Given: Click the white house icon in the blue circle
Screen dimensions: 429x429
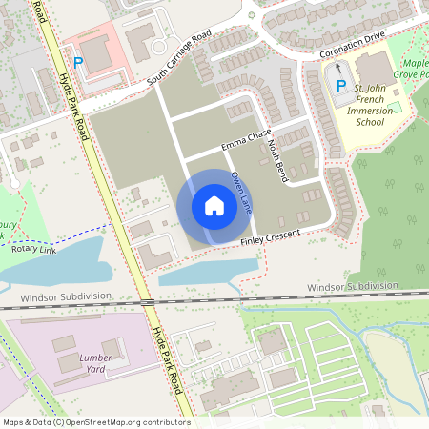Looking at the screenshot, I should (x=214, y=206).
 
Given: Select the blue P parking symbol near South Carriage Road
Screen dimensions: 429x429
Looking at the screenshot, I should (x=79, y=63).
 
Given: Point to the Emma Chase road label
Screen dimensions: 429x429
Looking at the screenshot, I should (x=246, y=139).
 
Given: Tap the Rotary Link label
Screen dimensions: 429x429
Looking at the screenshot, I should (x=33, y=249).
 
